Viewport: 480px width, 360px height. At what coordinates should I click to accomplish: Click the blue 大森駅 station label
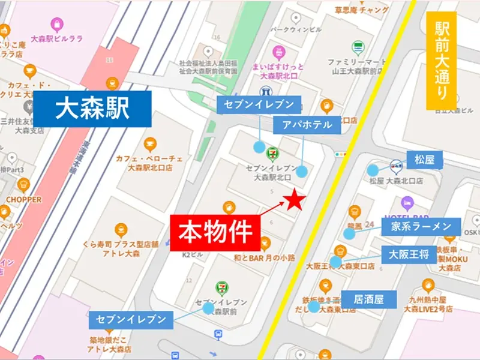(92, 110)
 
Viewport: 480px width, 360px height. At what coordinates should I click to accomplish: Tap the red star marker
(295, 201)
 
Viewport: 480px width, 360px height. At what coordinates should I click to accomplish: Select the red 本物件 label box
(215, 232)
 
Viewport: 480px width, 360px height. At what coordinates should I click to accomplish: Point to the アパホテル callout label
(307, 125)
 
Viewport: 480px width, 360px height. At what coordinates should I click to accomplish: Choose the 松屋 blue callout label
(428, 160)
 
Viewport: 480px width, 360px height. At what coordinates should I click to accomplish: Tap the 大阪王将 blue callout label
(409, 253)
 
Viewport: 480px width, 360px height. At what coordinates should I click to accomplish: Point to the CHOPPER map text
(24, 199)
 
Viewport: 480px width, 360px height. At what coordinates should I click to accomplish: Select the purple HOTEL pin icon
(408, 202)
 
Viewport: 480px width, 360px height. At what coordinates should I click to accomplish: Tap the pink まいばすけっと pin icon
(278, 52)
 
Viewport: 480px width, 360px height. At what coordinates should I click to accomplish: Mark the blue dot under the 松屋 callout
(373, 170)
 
